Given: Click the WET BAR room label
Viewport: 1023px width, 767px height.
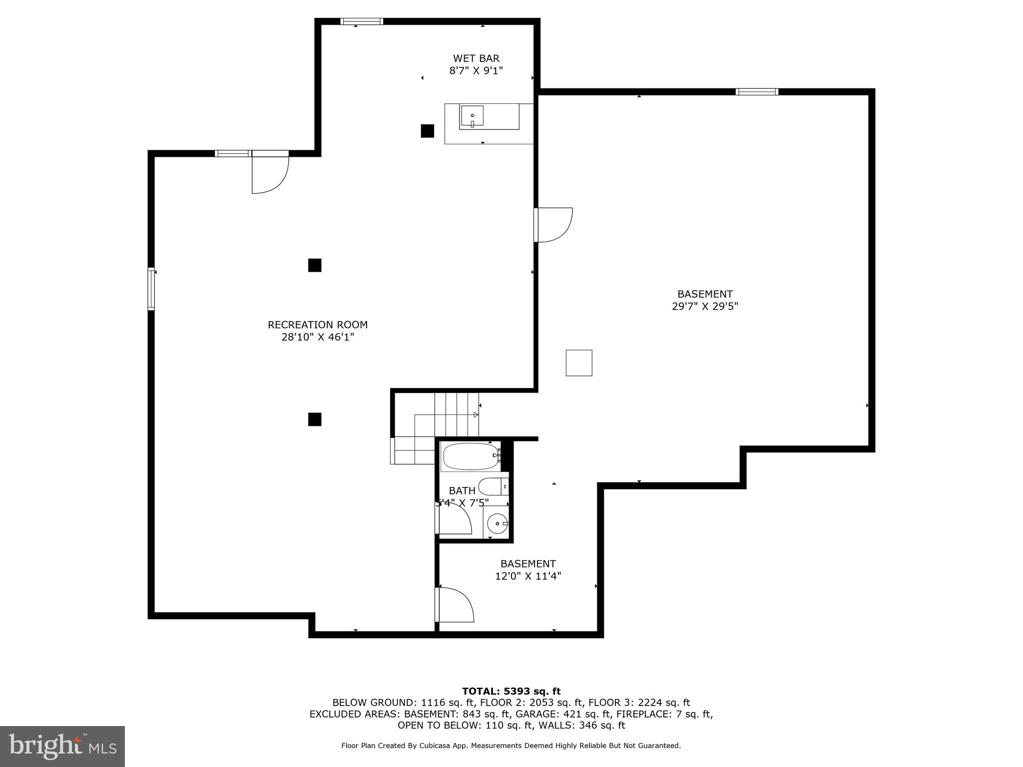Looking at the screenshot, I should tap(476, 58).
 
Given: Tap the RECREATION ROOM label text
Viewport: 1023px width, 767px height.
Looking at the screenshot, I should tap(318, 325).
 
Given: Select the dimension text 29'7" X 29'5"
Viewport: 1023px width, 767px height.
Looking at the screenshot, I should tap(705, 307).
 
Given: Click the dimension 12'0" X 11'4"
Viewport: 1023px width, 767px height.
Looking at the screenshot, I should tap(528, 576).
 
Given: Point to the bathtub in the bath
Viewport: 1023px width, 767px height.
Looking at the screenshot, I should tap(470, 456).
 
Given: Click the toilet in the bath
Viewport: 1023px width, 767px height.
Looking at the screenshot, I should tap(493, 486).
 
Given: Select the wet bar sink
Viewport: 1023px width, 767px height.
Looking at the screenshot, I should tap(472, 116).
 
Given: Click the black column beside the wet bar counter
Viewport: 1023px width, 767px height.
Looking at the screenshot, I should tap(427, 131).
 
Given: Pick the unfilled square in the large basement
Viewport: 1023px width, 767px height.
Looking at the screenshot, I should tap(579, 363).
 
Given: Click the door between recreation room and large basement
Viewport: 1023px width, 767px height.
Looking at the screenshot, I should tap(553, 225).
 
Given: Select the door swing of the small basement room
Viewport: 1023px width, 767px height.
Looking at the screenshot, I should tap(455, 605).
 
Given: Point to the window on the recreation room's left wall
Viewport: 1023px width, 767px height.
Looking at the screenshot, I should tap(151, 289).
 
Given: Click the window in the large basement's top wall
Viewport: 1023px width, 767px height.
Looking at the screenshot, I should tap(757, 92).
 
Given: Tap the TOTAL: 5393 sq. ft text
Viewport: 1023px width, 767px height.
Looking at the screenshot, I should tap(511, 692).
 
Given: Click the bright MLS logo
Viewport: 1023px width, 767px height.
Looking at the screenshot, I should tap(62, 746).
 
